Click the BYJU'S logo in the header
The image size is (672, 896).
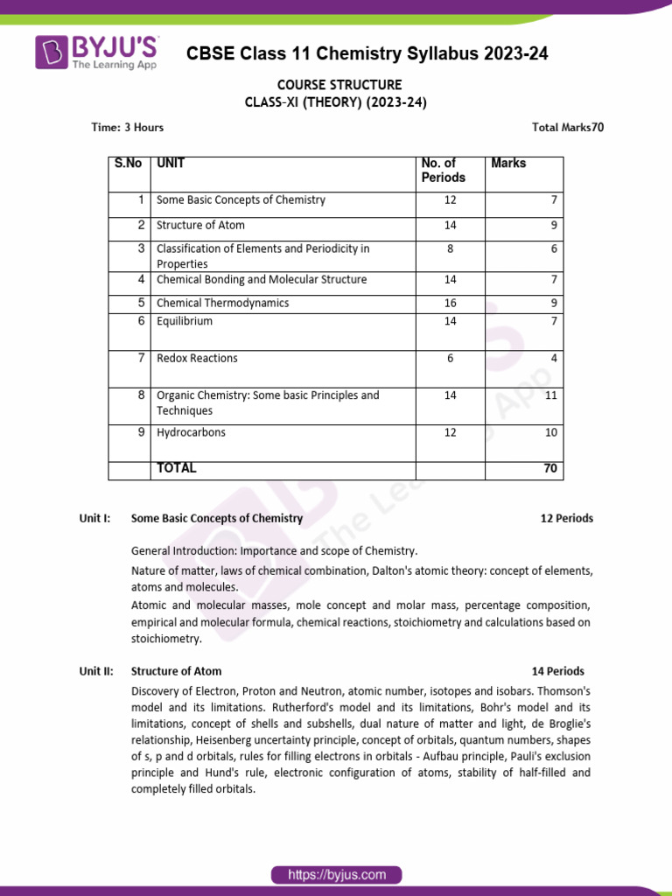96,52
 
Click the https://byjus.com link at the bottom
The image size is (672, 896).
336,874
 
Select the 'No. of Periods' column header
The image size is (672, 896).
444,171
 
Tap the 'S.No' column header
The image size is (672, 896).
128,164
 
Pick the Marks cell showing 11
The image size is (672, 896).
549,395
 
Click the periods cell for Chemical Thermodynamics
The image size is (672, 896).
450,303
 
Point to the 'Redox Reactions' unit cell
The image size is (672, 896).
197,359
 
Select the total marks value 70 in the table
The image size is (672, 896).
549,469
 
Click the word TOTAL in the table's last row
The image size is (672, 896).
176,469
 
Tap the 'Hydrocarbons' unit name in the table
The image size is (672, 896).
190,432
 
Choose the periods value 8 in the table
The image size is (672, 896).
450,248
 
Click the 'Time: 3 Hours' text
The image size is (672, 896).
128,128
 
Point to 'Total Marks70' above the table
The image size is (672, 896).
567,128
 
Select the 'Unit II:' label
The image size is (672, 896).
95,671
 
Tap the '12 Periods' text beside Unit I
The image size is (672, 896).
566,518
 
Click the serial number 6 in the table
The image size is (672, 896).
140,321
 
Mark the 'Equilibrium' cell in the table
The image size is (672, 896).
184,321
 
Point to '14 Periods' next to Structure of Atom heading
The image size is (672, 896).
557,671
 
